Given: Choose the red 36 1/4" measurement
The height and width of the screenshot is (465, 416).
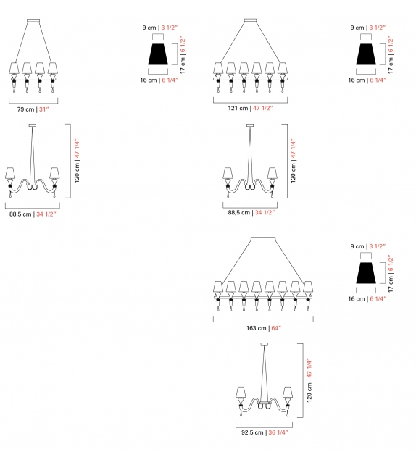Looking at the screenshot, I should pos(278,432).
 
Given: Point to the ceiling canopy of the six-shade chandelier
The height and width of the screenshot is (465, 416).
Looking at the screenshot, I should pos(251,20).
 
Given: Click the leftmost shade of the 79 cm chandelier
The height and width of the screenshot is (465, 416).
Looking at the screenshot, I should pos(14,69).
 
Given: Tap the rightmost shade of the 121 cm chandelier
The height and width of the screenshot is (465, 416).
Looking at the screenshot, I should pos(283,69).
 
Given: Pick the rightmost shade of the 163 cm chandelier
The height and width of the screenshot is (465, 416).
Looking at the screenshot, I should pos(309,287).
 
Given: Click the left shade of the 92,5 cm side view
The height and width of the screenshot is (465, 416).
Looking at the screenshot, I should pos(241,392).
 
